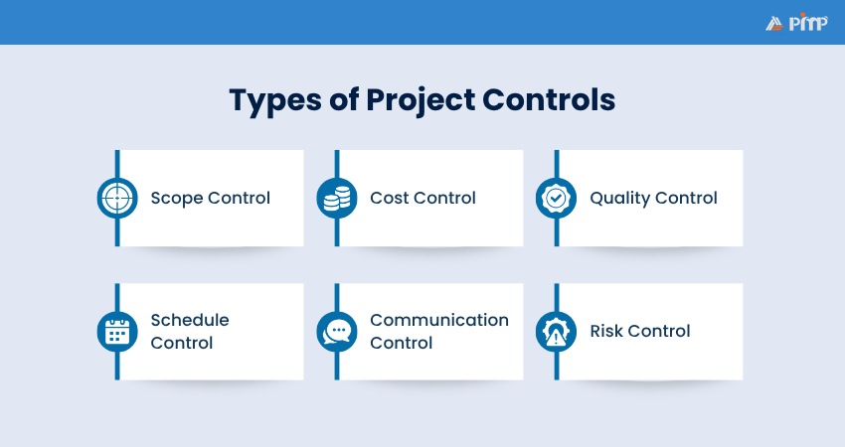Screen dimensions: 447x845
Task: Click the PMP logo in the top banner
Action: click(x=795, y=23)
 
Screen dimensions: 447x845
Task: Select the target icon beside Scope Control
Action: click(x=116, y=198)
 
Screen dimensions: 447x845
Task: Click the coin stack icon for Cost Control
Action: click(x=336, y=198)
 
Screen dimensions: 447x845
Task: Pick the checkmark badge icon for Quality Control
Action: click(x=556, y=198)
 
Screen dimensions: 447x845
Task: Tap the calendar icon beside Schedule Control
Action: click(x=116, y=331)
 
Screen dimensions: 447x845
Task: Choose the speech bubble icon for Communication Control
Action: click(x=336, y=331)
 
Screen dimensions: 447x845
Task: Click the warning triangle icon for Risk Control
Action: click(x=556, y=331)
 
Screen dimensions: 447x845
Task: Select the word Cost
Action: click(x=389, y=198)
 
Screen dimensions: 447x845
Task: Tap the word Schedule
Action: click(x=190, y=320)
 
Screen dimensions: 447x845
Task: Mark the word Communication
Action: click(x=439, y=320)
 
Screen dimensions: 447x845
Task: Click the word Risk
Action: click(x=606, y=331)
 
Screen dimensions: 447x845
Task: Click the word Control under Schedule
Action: click(x=182, y=343)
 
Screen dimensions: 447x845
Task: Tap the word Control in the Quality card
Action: click(x=687, y=198)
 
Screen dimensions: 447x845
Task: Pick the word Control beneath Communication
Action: click(x=402, y=343)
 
